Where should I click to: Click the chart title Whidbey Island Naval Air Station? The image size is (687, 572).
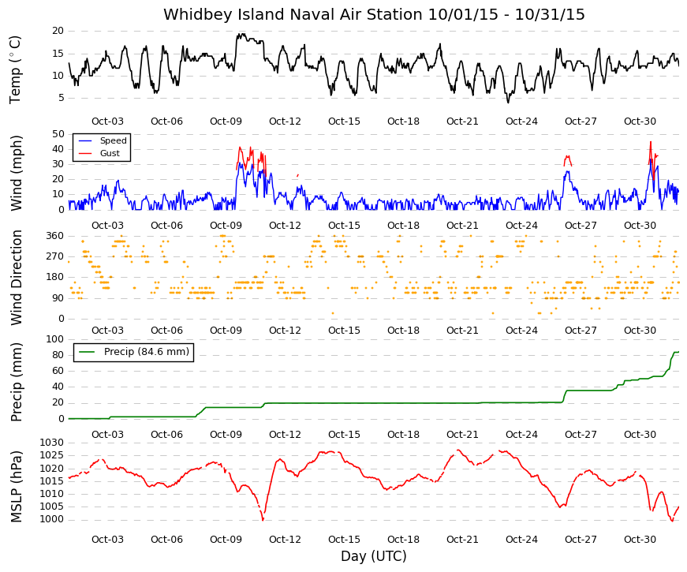pos(293,14)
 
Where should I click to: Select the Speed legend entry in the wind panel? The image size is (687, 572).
pos(102,140)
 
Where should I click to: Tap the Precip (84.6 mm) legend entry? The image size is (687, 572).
pos(133,352)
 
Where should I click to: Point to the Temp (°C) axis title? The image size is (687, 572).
pos(15,69)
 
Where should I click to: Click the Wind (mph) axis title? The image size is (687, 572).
pos(17,173)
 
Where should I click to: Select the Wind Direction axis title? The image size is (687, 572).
pos(17,278)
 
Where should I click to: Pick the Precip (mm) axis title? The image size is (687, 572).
pos(17,382)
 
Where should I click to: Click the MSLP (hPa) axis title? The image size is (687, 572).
pos(17,487)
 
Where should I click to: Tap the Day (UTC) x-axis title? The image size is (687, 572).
pos(374,556)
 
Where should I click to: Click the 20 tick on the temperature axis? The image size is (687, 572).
pos(58,31)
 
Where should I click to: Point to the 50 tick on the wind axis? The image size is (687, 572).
pos(58,134)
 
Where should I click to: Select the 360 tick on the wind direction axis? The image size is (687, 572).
pos(54,236)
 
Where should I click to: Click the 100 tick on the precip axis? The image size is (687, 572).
pos(54,339)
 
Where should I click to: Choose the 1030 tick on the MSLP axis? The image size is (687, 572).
pos(52,443)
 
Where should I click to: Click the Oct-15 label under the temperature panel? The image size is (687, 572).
pos(344,122)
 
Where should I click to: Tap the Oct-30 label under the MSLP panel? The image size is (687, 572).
pos(640,540)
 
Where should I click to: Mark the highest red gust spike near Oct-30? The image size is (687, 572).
pos(651,142)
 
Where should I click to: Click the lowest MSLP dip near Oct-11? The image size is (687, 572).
pos(263,520)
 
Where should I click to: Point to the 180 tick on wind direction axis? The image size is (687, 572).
pos(54,278)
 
